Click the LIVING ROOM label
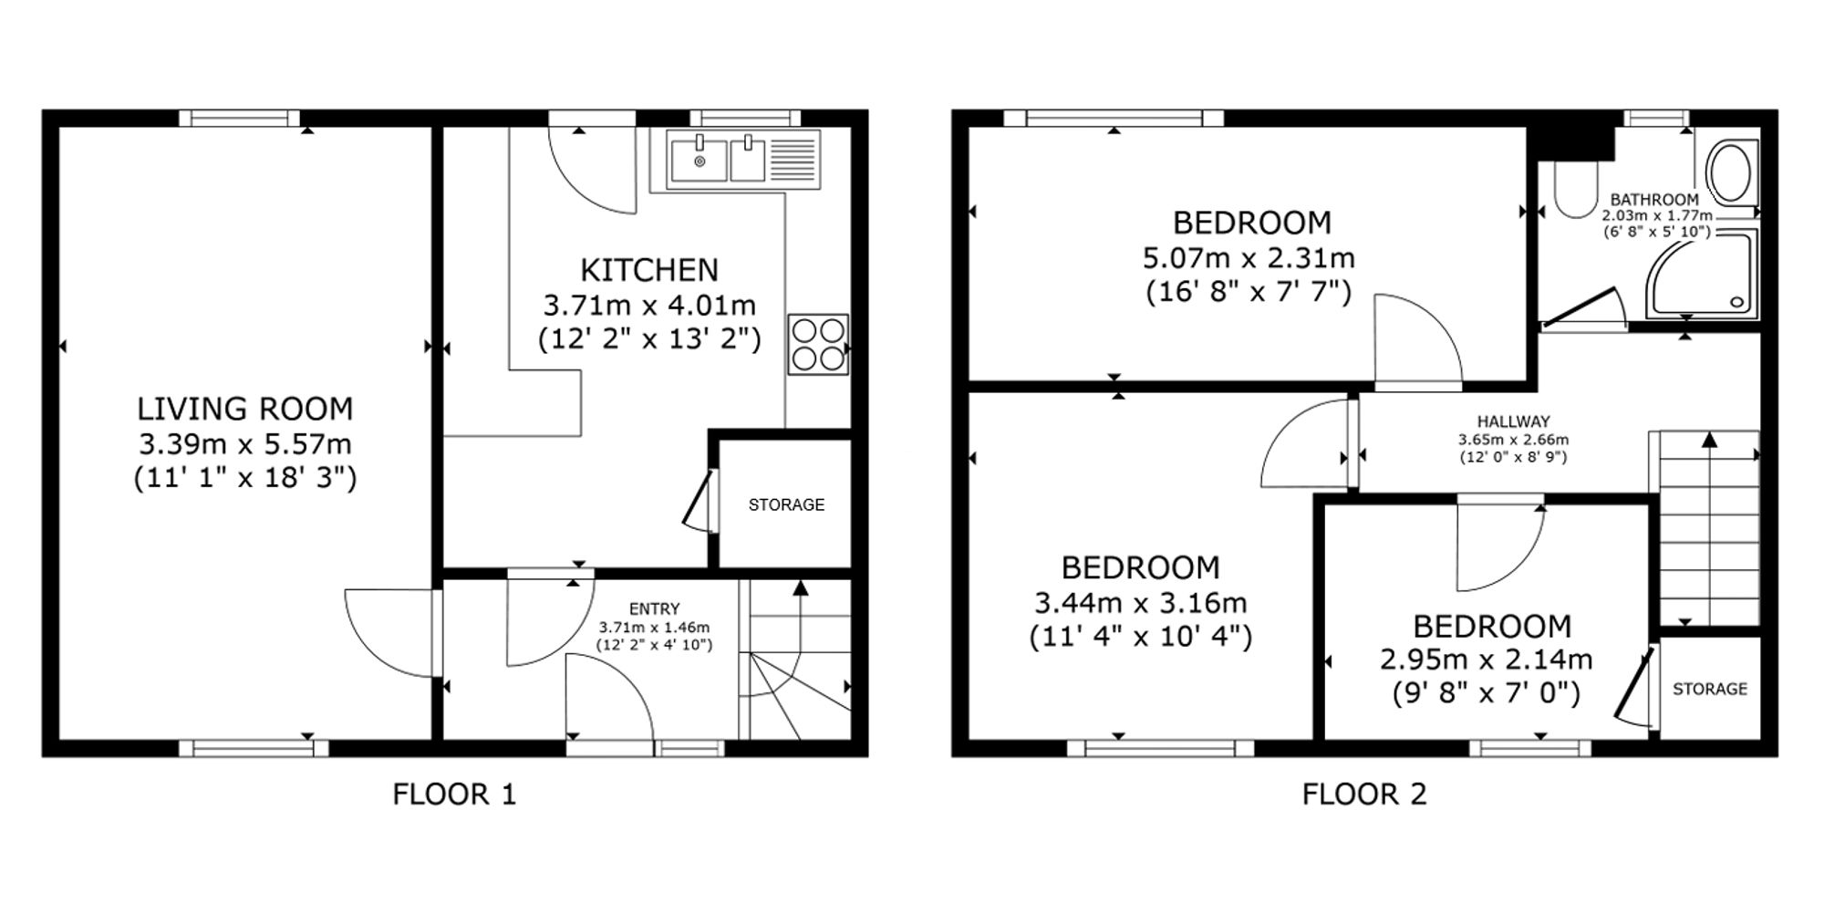click(x=245, y=409)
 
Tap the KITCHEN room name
click(x=649, y=270)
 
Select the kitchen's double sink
click(x=743, y=160)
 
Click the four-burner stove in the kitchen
click(x=818, y=345)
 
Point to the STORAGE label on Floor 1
click(x=786, y=504)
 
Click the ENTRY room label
click(x=654, y=608)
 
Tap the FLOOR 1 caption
click(x=454, y=795)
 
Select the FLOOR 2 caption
click(x=1363, y=795)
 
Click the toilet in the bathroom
click(x=1575, y=190)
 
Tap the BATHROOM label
click(x=1654, y=200)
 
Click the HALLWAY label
click(x=1513, y=421)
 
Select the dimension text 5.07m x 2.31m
click(x=1249, y=258)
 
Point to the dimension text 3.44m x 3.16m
click(x=1140, y=602)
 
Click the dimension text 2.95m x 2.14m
click(x=1486, y=660)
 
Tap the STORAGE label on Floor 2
click(x=1710, y=689)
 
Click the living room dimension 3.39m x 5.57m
click(x=245, y=444)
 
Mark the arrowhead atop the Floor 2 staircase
click(x=1709, y=440)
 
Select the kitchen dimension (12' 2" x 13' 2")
click(x=649, y=339)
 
